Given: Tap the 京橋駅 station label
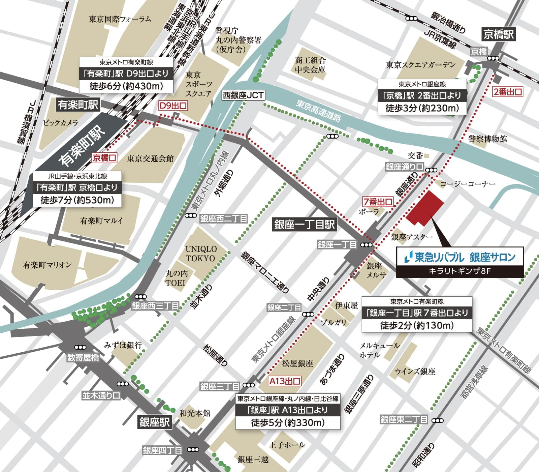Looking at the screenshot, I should (499, 34).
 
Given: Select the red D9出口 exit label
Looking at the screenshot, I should (173, 106).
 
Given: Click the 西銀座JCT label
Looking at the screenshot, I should (243, 95).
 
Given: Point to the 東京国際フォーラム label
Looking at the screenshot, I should (120, 19).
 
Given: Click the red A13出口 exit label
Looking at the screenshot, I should (285, 381).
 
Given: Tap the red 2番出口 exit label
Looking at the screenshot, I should (507, 91).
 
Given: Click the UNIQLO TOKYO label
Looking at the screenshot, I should (201, 254).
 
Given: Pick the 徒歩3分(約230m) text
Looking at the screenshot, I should (422, 108).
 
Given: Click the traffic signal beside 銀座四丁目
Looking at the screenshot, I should (193, 450).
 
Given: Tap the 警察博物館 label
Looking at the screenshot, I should (487, 139).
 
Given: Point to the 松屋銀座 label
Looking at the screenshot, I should (297, 363).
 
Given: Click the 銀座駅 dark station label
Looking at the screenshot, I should (155, 422).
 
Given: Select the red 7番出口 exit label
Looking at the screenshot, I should (378, 202).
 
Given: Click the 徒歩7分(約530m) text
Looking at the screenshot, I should (77, 200).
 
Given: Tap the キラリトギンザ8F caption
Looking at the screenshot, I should (459, 271).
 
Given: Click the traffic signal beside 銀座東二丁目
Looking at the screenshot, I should (438, 420).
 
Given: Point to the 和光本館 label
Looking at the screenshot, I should (195, 413).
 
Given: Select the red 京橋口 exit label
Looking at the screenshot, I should (104, 158).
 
